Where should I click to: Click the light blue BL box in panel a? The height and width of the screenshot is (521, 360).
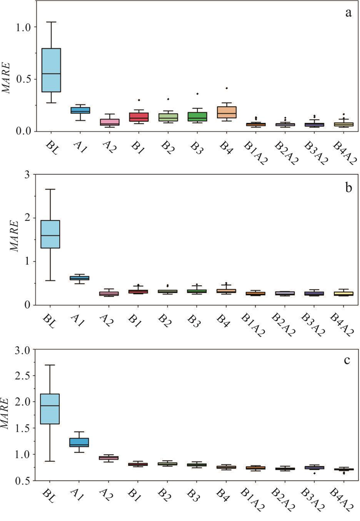click(51, 70)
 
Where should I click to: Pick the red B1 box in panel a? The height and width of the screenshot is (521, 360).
click(138, 117)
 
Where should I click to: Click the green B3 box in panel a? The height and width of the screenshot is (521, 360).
click(197, 117)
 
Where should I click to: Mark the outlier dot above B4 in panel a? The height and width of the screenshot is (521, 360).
click(226, 88)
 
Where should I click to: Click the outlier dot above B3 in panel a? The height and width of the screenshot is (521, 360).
click(197, 94)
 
